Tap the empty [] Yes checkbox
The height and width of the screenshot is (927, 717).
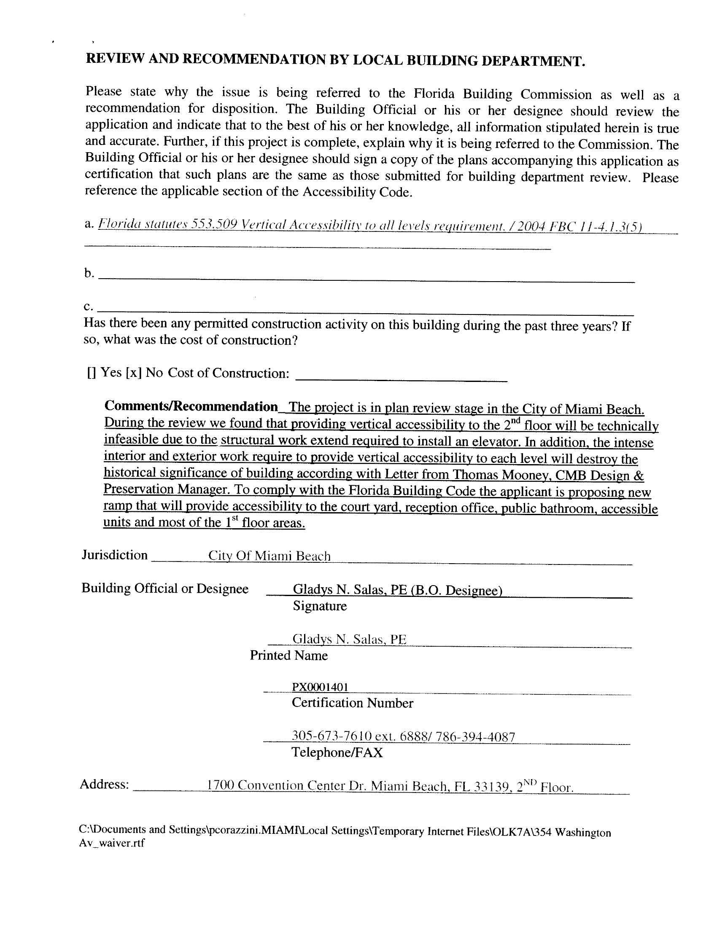coord(91,373)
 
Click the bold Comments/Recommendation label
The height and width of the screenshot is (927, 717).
coord(191,406)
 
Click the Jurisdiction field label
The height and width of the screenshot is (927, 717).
coord(115,555)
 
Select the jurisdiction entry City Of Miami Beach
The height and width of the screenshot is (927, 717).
coord(269,556)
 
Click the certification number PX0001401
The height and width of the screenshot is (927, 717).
coord(320,687)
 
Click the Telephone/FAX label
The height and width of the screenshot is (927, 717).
coord(337,752)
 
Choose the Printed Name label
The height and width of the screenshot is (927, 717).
coord(288,656)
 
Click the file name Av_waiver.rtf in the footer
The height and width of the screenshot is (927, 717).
coord(112,843)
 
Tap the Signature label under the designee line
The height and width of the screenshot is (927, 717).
coord(319,606)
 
